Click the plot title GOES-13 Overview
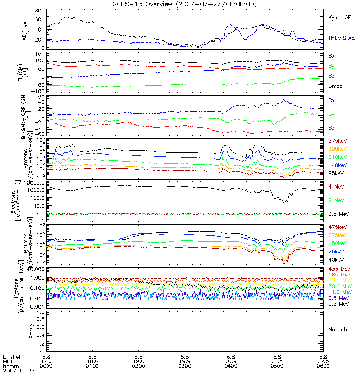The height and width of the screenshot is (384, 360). [180, 4]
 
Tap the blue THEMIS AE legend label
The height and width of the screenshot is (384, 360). [341, 37]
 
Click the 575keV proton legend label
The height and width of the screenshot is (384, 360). [336, 141]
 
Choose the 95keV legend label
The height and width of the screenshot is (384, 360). [335, 174]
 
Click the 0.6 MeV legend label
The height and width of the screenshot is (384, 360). [337, 213]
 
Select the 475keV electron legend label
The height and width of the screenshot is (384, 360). [336, 227]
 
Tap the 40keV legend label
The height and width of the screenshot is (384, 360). [335, 259]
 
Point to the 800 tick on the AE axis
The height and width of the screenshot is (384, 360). [39, 10]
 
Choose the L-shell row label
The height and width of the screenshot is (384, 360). [11, 357]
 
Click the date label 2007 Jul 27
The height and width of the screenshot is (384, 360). [16, 372]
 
